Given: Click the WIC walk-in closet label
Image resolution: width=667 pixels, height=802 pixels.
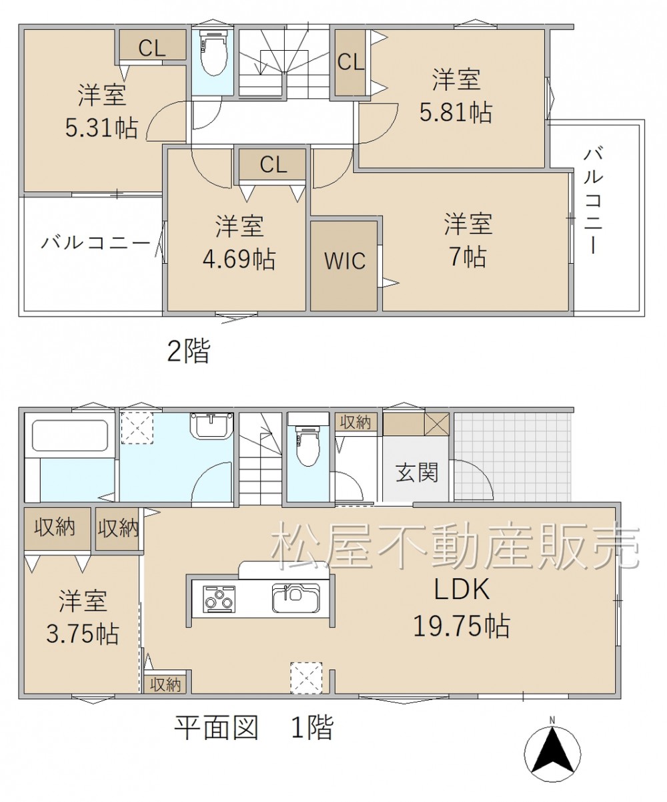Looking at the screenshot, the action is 345,261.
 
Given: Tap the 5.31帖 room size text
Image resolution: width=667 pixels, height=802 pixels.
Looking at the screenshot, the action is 101,128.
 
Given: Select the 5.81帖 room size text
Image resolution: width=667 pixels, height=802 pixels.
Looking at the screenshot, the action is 456,112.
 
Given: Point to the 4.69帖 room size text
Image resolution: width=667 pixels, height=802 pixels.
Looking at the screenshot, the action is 239,259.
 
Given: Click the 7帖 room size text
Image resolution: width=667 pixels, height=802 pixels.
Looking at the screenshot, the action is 468,256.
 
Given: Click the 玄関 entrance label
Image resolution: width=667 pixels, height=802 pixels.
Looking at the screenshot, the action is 417,472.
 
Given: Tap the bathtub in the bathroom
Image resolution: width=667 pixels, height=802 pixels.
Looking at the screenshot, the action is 70,435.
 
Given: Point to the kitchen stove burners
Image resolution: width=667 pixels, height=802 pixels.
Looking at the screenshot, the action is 219,598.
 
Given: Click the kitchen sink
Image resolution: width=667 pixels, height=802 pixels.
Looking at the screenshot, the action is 295,598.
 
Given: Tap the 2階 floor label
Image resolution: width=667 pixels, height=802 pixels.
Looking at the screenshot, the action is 189,351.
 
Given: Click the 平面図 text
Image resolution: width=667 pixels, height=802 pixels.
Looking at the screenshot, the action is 216,728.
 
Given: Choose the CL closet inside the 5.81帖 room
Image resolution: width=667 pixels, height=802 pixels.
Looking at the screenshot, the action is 350,62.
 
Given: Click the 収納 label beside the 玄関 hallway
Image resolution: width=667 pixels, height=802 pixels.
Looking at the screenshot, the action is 356,423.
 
